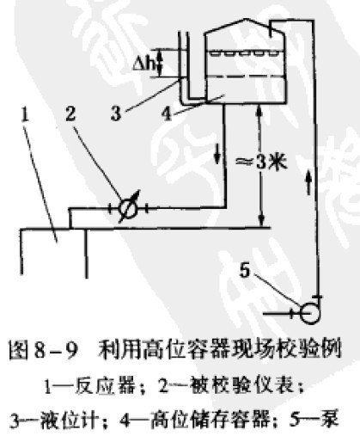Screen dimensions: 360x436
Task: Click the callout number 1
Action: point(25,114)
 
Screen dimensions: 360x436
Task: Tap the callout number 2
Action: point(70,114)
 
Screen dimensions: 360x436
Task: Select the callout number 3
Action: point(116,114)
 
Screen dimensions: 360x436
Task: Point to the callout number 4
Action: point(167,114)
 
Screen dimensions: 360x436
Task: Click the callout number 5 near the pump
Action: point(245,270)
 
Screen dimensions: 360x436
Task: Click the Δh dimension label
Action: point(145,64)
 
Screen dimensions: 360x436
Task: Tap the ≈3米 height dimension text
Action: point(260,163)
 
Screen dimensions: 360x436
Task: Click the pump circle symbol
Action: point(309,313)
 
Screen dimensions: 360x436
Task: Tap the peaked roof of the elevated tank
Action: point(244,26)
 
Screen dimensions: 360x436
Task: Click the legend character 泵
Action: point(330,419)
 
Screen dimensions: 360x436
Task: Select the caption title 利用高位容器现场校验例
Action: point(220,350)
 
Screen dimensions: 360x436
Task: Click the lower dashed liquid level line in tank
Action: point(246,77)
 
